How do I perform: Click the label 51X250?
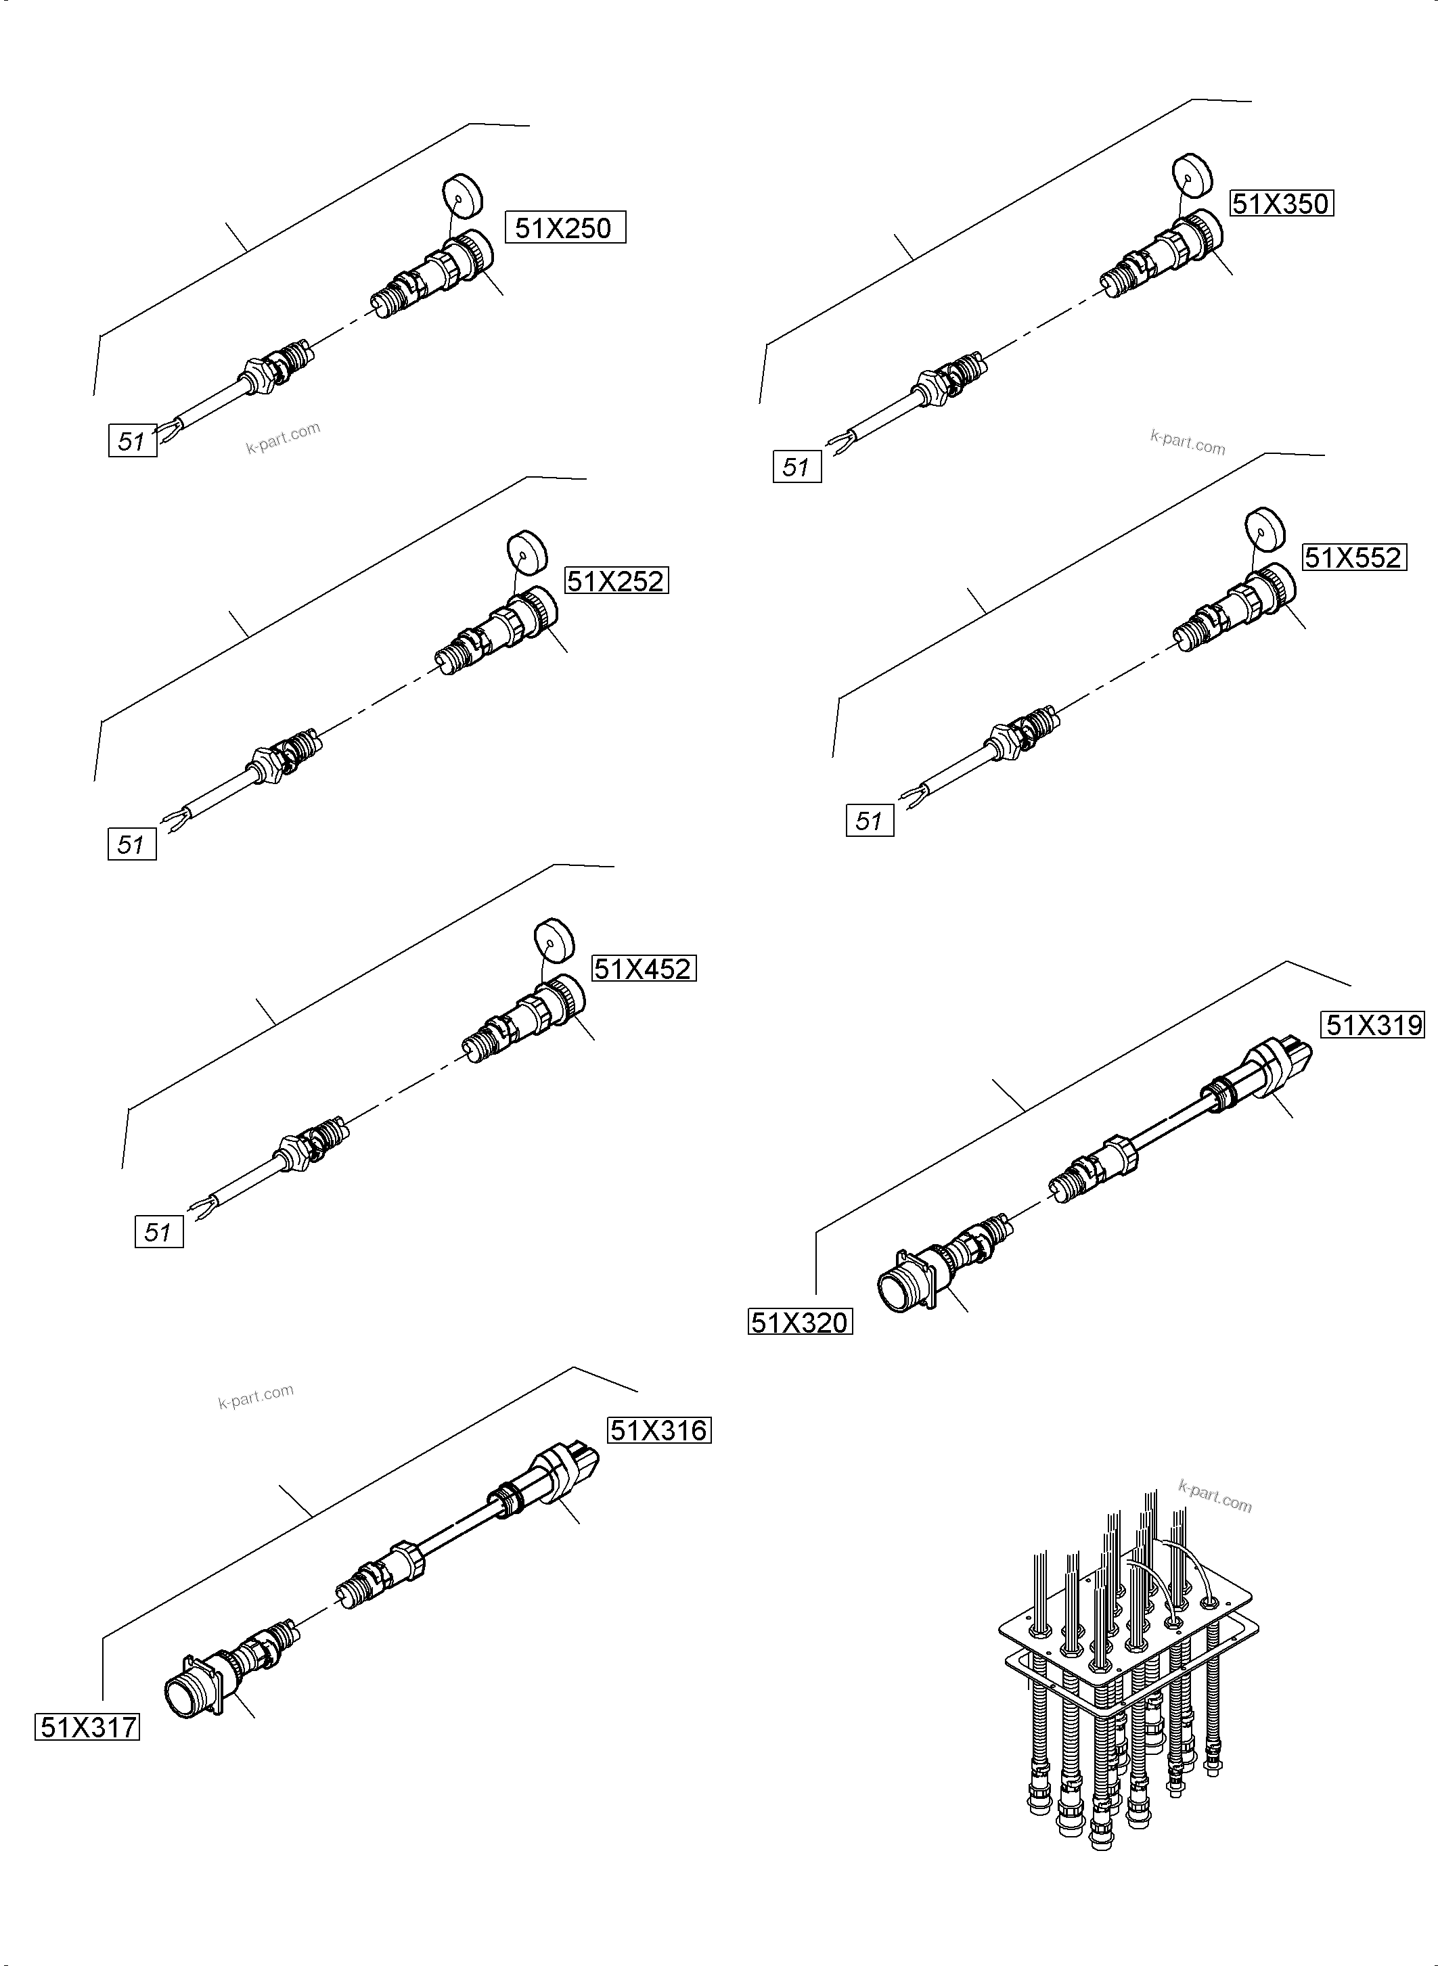(565, 228)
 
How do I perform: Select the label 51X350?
(1280, 204)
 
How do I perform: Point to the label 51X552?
(1353, 557)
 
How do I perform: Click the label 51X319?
(1374, 1025)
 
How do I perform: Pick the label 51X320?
(799, 1323)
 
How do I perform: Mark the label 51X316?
(658, 1430)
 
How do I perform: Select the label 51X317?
(87, 1727)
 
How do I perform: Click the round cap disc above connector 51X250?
(462, 196)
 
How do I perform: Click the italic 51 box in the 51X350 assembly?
(796, 467)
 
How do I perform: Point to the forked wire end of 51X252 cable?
(175, 819)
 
